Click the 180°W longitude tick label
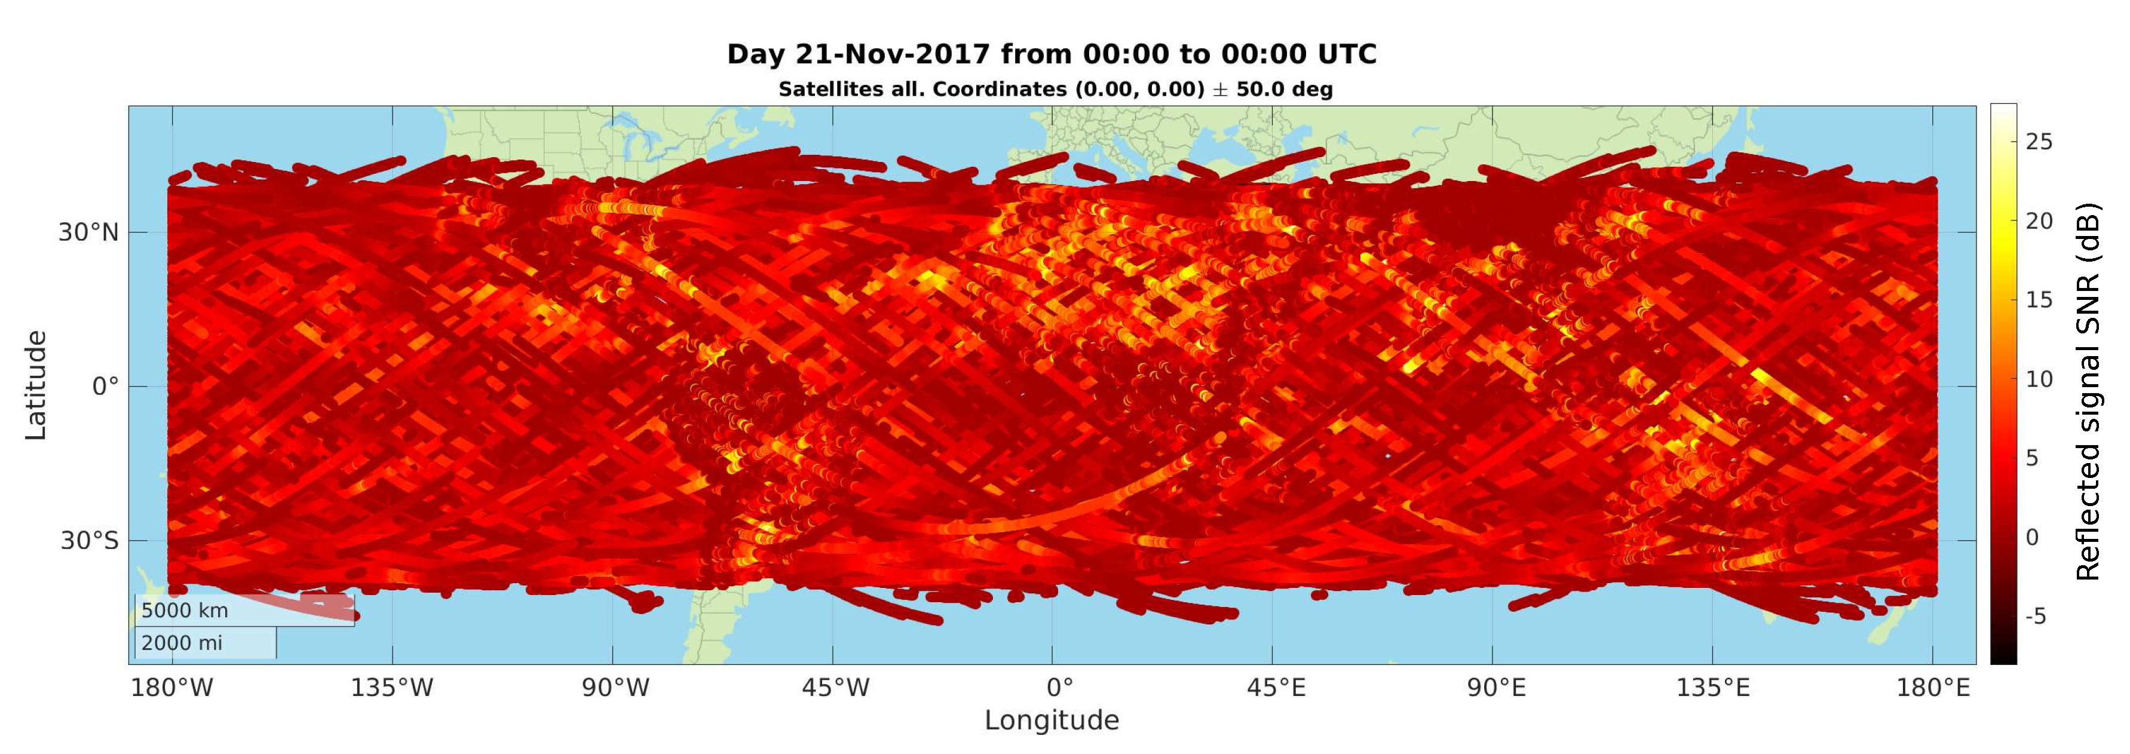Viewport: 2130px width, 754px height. (172, 688)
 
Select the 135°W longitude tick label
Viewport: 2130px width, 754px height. (392, 688)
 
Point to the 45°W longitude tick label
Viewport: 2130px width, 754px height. (833, 688)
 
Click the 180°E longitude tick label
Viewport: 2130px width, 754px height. (1932, 688)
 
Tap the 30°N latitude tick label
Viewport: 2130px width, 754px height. (88, 233)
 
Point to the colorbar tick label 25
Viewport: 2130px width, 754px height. (2038, 142)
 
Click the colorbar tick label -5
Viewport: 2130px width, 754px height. (2035, 617)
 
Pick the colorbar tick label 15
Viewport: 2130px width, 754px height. (2038, 300)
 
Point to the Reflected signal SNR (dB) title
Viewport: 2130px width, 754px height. (2088, 391)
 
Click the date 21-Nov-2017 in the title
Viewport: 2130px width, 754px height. (892, 54)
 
